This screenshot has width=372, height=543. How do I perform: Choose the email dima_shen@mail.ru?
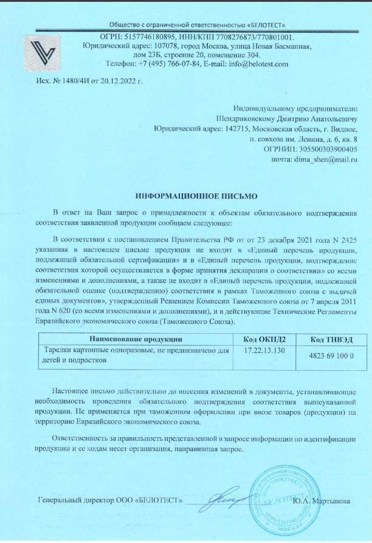click(331, 158)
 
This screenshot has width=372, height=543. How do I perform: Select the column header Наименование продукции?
click(136, 338)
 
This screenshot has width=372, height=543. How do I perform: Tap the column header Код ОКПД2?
click(264, 338)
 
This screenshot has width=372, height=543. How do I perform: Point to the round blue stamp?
click(284, 502)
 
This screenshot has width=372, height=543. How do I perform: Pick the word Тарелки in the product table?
click(59, 351)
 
